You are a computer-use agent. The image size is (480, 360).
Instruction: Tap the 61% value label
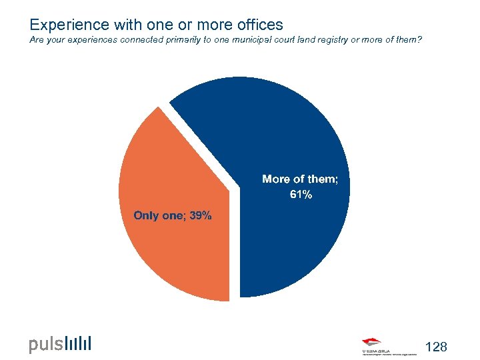coord(300,195)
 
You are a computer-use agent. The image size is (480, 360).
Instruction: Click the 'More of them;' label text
coord(305,179)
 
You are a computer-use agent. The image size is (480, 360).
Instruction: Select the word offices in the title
coord(255,25)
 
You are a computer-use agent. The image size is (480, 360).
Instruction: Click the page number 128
coord(436,347)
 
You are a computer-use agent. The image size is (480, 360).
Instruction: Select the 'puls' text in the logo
coord(45,345)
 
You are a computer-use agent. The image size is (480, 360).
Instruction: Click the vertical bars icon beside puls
coord(79,343)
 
